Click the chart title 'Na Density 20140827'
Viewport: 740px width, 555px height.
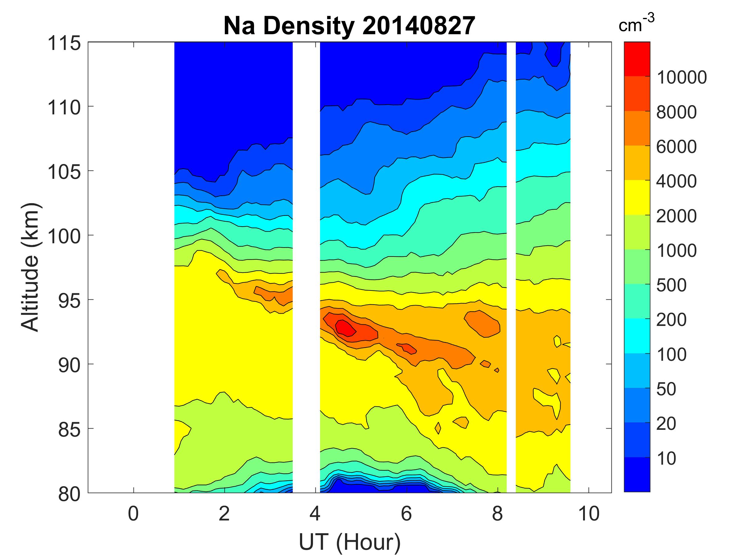(349, 26)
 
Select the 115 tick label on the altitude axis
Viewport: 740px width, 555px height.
(64, 43)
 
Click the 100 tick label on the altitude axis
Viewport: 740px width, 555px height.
(64, 236)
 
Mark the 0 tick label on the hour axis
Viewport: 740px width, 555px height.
(133, 514)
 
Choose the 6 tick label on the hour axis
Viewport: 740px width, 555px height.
(406, 514)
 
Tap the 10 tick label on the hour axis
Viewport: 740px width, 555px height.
(588, 514)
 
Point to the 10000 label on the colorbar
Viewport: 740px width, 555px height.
(681, 78)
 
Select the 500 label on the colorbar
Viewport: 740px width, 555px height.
(671, 285)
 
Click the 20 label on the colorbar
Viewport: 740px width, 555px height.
(666, 424)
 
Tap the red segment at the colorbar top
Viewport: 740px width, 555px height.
(637, 59)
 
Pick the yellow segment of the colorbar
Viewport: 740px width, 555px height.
(637, 197)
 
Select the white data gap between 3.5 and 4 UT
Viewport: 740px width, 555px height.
(306, 268)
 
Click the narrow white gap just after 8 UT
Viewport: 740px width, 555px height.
(511, 268)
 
